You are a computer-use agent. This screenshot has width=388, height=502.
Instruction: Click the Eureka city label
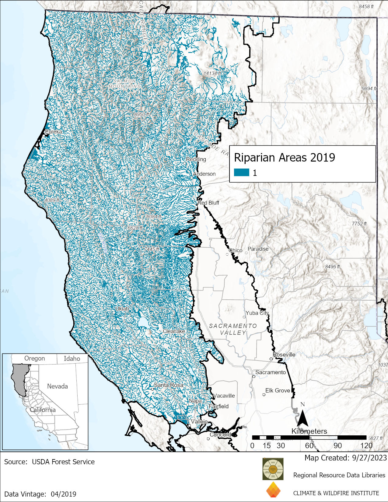click(54, 132)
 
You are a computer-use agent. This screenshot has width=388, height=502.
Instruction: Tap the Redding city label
click(196, 159)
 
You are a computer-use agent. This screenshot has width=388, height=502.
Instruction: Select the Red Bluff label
click(208, 203)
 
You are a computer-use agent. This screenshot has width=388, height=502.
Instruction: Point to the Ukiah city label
click(122, 309)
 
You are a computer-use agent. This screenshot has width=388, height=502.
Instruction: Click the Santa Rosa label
click(168, 385)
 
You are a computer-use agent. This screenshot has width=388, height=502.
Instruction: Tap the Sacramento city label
click(270, 372)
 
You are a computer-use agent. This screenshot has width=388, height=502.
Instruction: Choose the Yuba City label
click(257, 313)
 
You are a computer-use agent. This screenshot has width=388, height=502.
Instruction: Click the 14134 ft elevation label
click(212, 73)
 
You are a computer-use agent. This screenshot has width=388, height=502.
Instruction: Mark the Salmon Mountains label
click(124, 84)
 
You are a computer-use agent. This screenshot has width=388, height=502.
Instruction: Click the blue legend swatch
click(241, 173)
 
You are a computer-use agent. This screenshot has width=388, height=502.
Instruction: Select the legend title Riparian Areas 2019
click(284, 158)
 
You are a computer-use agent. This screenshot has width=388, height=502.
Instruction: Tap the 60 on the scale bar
click(309, 446)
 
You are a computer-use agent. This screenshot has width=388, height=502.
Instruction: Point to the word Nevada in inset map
click(57, 386)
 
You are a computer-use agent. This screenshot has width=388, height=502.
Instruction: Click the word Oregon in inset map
click(34, 358)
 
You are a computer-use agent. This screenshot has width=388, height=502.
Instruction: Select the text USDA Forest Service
click(63, 462)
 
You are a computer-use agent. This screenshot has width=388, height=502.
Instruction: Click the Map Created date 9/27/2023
click(368, 458)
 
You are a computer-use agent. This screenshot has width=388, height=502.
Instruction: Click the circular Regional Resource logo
click(273, 469)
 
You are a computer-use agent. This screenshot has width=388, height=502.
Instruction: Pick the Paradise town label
click(258, 249)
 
